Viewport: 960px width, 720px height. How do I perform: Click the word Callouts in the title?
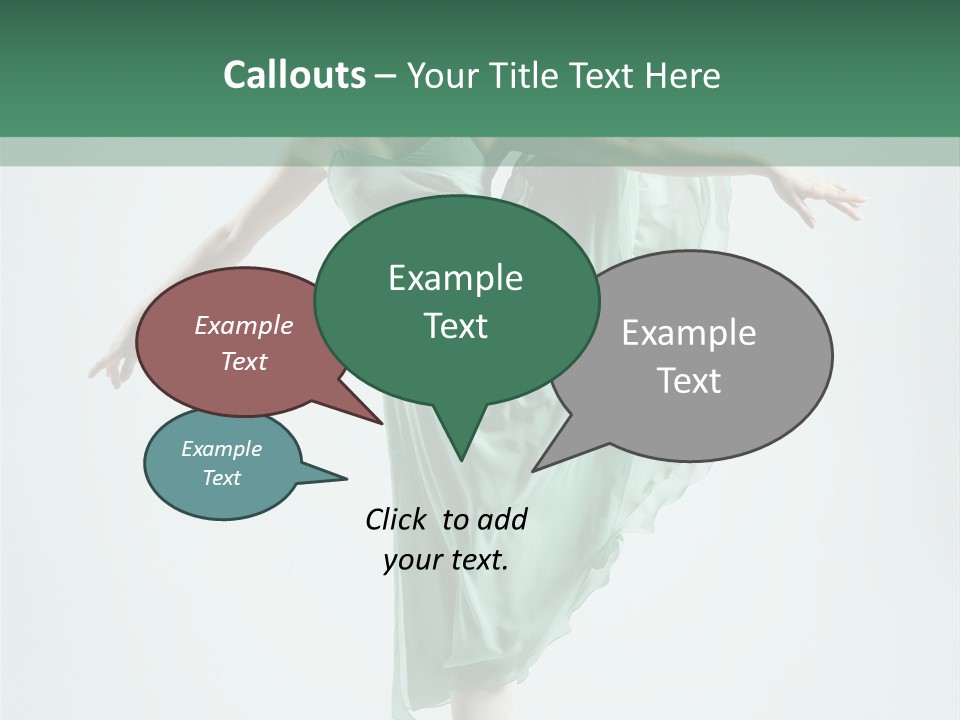tap(294, 75)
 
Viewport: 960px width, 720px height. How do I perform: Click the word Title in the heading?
tap(527, 75)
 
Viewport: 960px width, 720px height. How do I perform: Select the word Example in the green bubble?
tap(455, 278)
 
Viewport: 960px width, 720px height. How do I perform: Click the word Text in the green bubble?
tap(455, 326)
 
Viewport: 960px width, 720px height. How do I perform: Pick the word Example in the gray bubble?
tap(689, 332)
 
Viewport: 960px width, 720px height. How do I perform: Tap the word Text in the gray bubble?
tap(689, 380)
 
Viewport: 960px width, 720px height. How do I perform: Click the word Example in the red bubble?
tap(243, 325)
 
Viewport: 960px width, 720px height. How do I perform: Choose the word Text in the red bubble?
tap(243, 361)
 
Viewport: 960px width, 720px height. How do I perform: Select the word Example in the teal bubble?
tap(221, 449)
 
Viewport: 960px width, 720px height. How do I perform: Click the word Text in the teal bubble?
tap(221, 478)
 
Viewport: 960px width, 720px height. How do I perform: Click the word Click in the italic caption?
tap(397, 519)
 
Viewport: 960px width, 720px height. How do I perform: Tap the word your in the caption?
tap(410, 560)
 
